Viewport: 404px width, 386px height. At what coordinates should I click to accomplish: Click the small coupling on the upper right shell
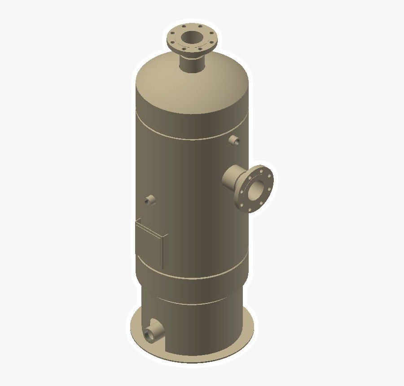(x=234, y=140)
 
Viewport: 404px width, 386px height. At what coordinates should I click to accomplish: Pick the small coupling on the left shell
(x=150, y=199)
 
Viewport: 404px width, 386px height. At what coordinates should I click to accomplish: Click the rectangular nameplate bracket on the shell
(x=150, y=245)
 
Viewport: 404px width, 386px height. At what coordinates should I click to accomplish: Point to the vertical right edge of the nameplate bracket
(x=163, y=251)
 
